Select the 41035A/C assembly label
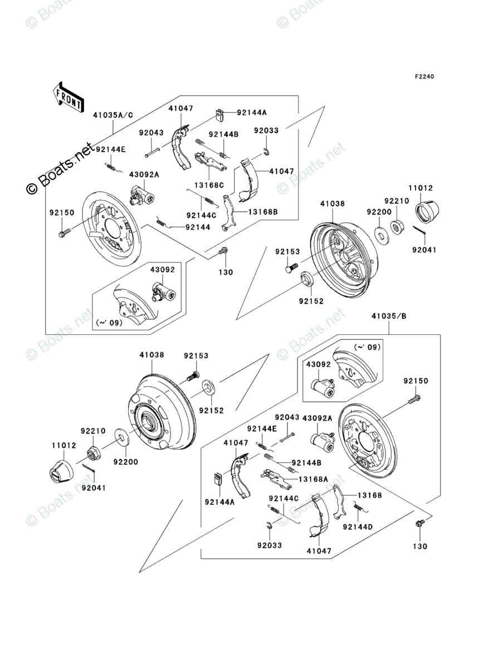pyautogui.click(x=113, y=116)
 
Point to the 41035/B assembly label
pyautogui.click(x=389, y=317)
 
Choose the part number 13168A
pyautogui.click(x=313, y=479)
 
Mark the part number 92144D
pyautogui.click(x=357, y=526)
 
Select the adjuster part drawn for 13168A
pyautogui.click(x=275, y=475)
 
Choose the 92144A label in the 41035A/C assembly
pyautogui.click(x=251, y=112)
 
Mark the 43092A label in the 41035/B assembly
pyautogui.click(x=318, y=418)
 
